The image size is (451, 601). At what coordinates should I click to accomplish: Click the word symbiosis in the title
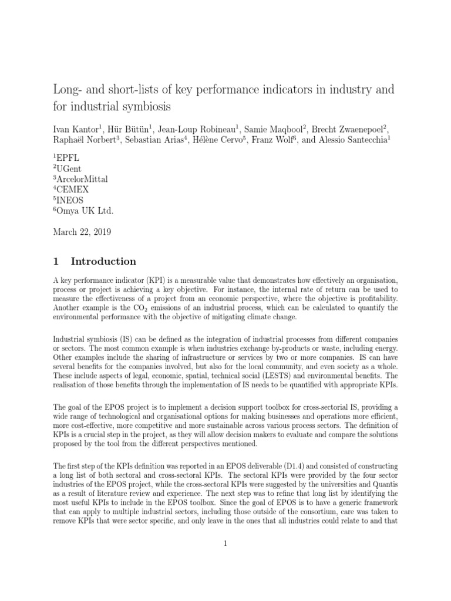click(179, 109)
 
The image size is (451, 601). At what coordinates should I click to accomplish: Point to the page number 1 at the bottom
click(225, 544)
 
